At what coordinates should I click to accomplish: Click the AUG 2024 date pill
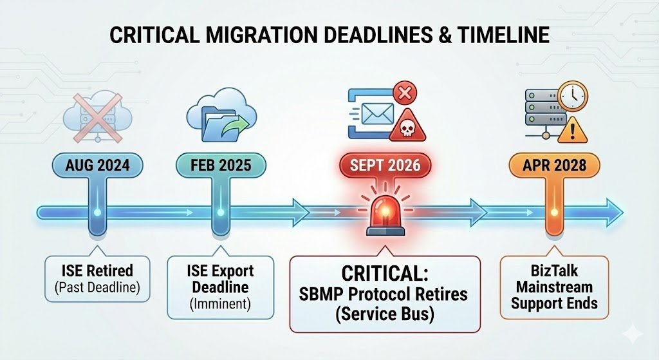97,166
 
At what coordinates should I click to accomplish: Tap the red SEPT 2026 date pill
385,166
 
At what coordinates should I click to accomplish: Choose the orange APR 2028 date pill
554,166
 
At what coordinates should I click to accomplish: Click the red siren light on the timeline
385,213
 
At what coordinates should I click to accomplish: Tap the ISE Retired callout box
98,278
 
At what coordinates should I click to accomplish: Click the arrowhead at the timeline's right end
615,212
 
